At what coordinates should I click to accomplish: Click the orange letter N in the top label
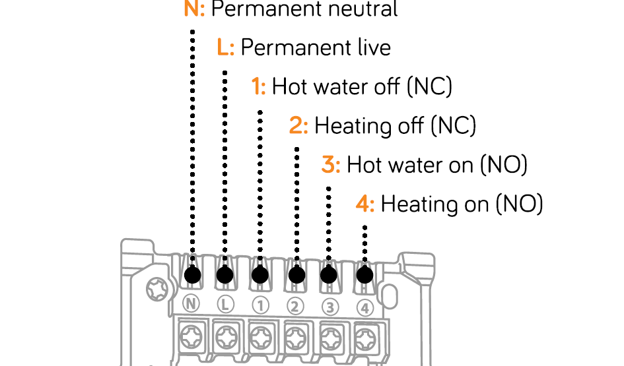point(194,9)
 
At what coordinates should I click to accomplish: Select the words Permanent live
point(316,47)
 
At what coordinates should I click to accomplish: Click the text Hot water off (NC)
point(362,86)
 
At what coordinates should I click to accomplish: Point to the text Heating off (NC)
point(395,125)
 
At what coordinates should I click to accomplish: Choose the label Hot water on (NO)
point(437,164)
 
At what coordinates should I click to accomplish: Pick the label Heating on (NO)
point(462,204)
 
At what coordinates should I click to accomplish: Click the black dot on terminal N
point(193,275)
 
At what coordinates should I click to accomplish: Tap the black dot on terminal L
point(225,275)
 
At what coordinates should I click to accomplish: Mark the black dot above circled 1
point(260,275)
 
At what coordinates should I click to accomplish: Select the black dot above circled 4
point(364,275)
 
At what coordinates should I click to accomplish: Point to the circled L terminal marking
point(225,305)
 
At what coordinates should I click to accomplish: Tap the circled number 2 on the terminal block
point(295,307)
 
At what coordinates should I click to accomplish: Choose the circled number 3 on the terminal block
point(330,307)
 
